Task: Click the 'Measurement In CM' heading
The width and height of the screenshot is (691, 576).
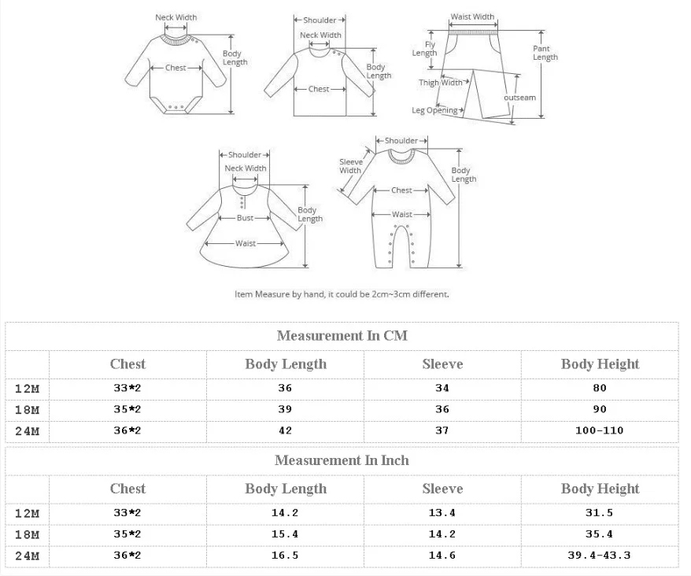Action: tap(342, 336)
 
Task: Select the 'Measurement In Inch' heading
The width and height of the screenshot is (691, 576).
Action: tap(342, 460)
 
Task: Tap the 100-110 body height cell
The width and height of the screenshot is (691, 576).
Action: tap(600, 430)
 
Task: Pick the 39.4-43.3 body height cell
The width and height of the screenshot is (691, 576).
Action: tap(600, 556)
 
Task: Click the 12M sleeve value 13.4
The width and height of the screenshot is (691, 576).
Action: tap(442, 513)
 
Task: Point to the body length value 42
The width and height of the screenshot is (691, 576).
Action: tap(285, 430)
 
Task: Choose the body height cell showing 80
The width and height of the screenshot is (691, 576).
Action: tap(600, 388)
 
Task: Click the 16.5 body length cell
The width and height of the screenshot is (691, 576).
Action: tap(285, 556)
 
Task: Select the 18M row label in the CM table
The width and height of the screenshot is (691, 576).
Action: tap(27, 410)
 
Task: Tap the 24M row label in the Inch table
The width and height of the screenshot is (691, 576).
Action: tap(27, 556)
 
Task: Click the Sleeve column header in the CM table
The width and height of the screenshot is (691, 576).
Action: tap(442, 364)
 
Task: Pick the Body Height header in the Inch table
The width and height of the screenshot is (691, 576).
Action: tap(600, 489)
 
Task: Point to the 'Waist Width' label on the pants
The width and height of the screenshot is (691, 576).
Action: tap(472, 17)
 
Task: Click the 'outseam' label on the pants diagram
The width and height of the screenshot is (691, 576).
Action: tap(520, 98)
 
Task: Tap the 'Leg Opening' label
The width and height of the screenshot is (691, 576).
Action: tap(435, 110)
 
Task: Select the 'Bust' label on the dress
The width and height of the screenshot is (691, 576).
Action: tap(245, 218)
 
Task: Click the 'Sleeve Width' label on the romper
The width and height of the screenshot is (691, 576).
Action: tap(351, 166)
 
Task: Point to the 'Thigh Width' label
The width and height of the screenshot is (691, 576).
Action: tap(441, 83)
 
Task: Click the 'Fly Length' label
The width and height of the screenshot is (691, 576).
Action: tap(425, 49)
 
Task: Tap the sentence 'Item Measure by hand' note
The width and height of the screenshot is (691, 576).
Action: tap(342, 294)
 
